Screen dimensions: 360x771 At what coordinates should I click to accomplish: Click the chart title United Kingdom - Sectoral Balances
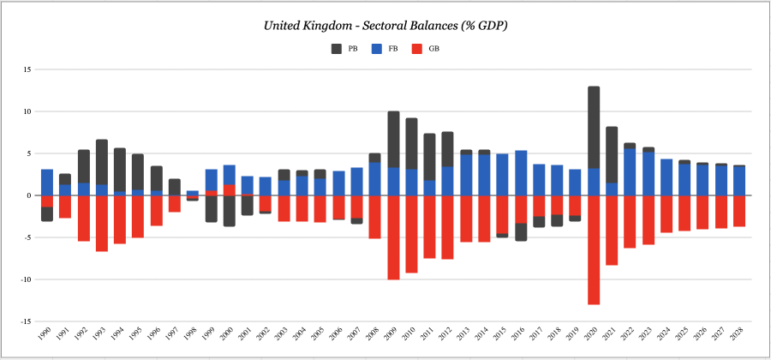click(x=385, y=26)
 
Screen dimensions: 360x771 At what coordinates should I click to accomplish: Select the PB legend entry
click(x=344, y=49)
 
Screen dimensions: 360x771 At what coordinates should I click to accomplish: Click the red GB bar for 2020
click(x=594, y=249)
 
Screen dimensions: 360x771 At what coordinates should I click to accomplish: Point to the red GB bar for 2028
click(x=739, y=211)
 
